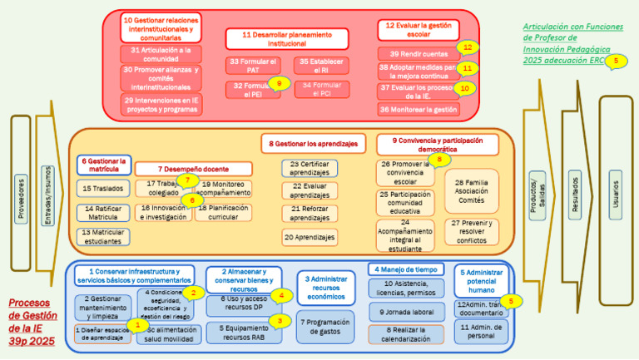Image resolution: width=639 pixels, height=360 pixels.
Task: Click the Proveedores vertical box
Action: pyautogui.click(x=21, y=193)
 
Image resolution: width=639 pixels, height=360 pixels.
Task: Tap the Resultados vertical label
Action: pyautogui.click(x=575, y=194)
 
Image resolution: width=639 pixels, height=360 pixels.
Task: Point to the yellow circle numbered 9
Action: pyautogui.click(x=280, y=83)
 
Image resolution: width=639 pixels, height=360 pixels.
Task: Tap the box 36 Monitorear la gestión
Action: pyautogui.click(x=419, y=109)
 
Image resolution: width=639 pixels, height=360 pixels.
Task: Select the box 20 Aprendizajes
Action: pyautogui.click(x=310, y=238)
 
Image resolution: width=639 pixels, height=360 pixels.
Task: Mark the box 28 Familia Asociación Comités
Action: pyautogui.click(x=471, y=191)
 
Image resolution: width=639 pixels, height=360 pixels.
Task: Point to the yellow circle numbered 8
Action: pyautogui.click(x=439, y=159)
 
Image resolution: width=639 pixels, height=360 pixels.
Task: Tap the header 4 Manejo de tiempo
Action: pyautogui.click(x=404, y=269)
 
